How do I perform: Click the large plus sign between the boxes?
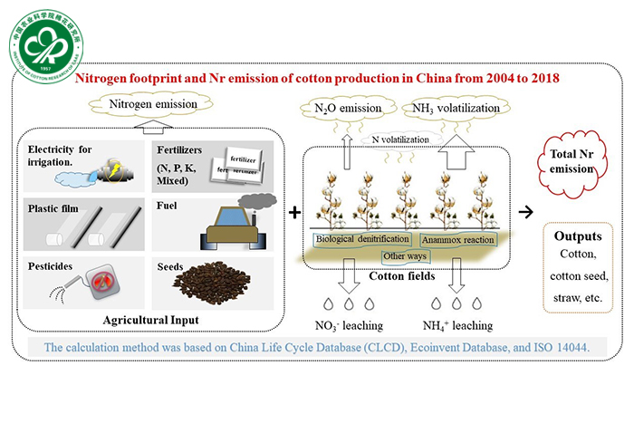pos(295,212)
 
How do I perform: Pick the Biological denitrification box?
pos(362,241)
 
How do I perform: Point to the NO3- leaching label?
pos(348,324)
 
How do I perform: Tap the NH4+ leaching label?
pos(454,324)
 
